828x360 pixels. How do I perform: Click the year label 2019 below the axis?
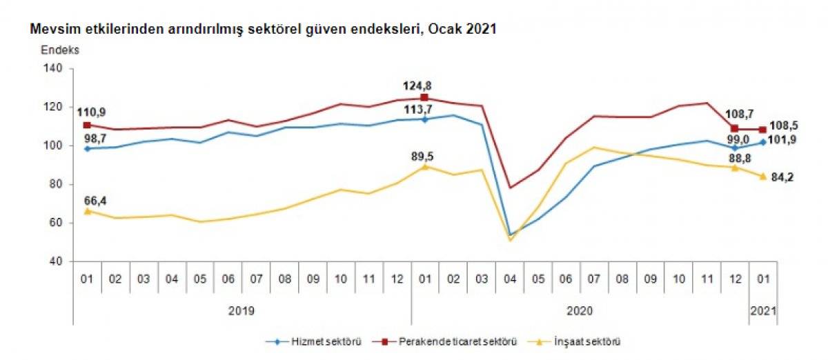[x=241, y=311]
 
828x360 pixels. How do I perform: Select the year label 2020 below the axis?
[x=580, y=311]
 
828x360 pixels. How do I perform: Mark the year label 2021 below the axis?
[x=762, y=311]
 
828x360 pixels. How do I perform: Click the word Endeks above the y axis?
[x=60, y=50]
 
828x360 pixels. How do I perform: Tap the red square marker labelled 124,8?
[x=424, y=98]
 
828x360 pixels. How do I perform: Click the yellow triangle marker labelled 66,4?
[x=87, y=211]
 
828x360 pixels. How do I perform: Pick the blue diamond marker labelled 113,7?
[x=424, y=119]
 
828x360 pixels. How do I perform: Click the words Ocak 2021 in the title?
[x=466, y=30]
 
